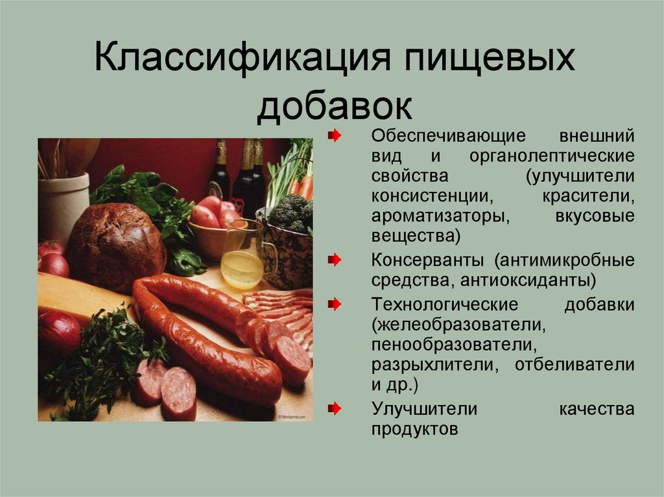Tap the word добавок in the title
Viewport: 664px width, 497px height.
(334, 107)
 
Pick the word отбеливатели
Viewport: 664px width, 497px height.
(575, 364)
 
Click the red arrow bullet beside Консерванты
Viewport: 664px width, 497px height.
(334, 260)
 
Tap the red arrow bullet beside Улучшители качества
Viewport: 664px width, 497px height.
(334, 410)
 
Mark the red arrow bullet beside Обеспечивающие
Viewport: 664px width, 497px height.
(334, 137)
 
